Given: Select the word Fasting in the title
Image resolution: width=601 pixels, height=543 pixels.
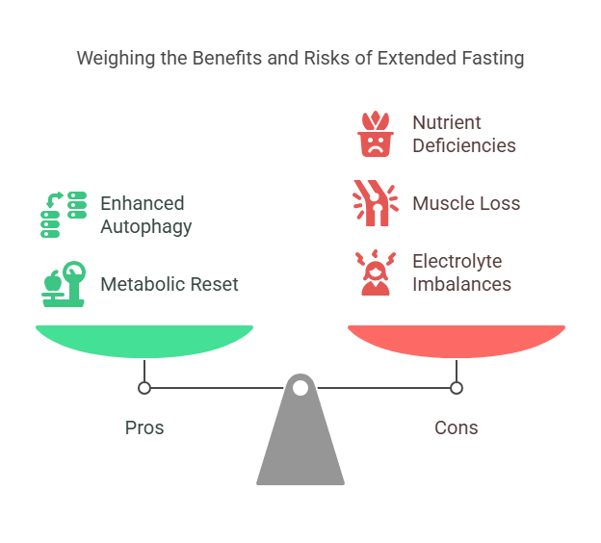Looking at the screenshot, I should (491, 59).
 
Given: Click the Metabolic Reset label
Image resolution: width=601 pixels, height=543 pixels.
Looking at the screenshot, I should (170, 284).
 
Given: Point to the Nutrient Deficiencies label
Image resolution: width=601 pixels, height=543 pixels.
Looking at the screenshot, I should (464, 134).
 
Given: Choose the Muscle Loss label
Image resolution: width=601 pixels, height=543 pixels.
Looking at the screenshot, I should (466, 203).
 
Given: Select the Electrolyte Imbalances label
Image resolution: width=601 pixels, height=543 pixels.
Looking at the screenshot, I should (461, 272).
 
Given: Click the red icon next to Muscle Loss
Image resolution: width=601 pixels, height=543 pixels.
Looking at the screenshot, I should (372, 203).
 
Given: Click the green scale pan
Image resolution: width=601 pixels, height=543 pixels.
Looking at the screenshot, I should (144, 340).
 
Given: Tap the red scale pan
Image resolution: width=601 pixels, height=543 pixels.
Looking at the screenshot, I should (457, 340).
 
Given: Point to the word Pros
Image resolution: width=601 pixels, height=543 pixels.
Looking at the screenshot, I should (144, 427).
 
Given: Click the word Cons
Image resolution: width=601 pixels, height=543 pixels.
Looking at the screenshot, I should (457, 427).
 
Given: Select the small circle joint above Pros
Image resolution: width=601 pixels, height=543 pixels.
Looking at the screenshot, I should (144, 388).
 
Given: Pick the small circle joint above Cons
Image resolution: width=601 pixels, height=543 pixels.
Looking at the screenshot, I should (457, 388).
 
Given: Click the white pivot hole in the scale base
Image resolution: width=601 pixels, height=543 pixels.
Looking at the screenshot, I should (300, 388).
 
